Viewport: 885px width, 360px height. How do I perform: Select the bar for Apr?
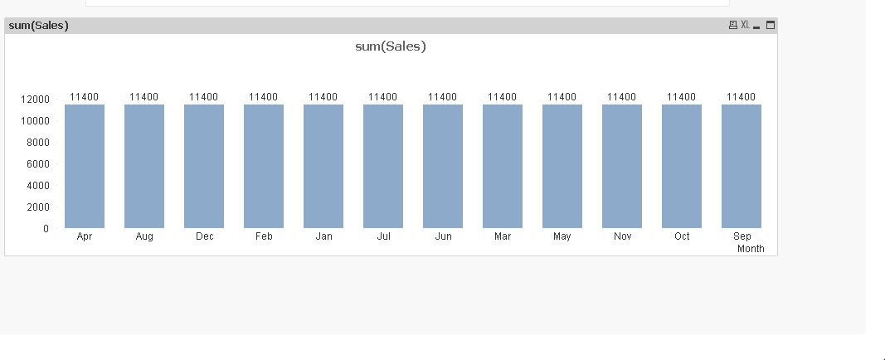(x=85, y=166)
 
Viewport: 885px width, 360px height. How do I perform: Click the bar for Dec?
(x=204, y=166)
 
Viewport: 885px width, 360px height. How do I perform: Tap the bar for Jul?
(x=383, y=166)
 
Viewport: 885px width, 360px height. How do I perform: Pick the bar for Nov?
(x=622, y=166)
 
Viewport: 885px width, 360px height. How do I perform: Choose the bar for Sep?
(x=742, y=166)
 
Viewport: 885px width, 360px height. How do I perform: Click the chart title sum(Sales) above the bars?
(x=390, y=46)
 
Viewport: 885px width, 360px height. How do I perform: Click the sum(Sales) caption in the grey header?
(x=38, y=26)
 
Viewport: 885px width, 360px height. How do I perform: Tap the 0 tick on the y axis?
(x=46, y=229)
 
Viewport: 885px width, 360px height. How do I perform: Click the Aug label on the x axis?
(x=144, y=236)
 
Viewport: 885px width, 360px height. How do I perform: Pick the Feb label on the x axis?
(x=264, y=236)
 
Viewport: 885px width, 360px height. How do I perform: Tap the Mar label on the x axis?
(x=503, y=236)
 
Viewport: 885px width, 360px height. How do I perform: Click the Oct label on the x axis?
(x=682, y=236)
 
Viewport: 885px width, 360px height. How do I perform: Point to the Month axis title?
(x=751, y=249)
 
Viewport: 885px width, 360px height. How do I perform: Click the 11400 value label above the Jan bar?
(x=323, y=97)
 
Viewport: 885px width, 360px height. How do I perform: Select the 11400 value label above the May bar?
(x=562, y=97)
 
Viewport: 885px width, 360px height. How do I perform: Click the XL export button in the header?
(x=745, y=25)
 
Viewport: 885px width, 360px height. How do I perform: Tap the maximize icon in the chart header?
(x=771, y=25)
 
